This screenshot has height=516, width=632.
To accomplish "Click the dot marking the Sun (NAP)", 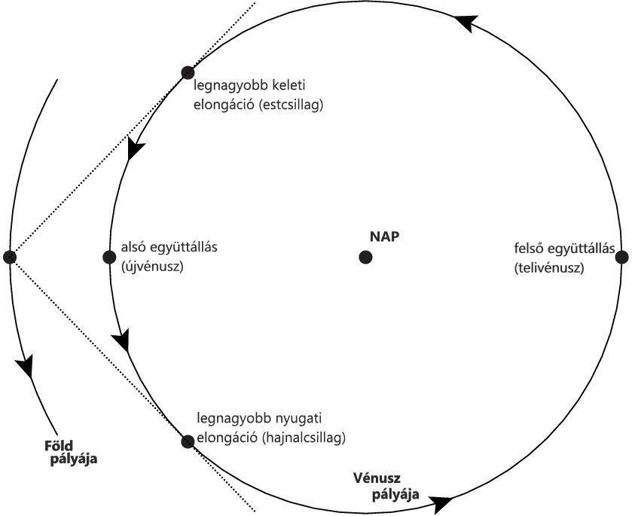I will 365,258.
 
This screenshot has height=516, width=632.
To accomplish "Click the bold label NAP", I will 383,236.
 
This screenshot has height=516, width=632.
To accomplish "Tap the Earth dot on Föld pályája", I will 10,257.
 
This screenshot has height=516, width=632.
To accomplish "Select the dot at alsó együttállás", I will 108,257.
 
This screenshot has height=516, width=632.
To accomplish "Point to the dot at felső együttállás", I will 621,257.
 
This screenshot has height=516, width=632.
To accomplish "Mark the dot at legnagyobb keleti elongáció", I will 188,72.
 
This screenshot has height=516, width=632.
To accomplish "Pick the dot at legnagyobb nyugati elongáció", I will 187,441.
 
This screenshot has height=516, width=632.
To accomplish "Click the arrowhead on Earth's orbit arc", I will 26,366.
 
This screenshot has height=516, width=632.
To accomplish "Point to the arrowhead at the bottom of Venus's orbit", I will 440,499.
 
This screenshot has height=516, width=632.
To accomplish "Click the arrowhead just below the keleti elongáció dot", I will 135,149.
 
